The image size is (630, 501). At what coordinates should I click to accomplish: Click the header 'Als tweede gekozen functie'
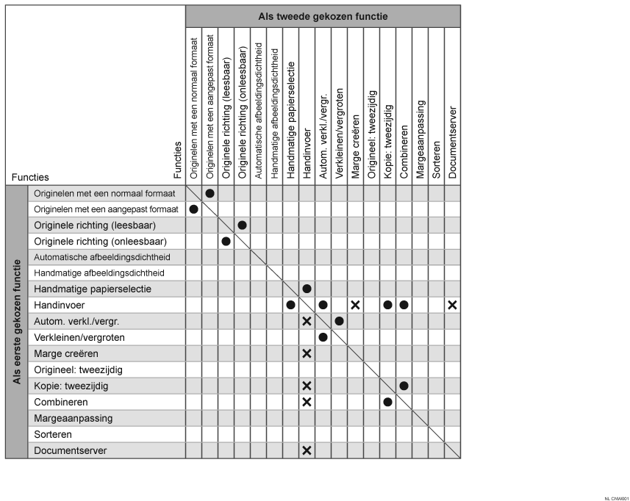point(323,16)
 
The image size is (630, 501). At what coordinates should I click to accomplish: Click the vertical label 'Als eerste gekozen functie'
point(16,322)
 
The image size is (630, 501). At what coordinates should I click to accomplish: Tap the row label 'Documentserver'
point(71,450)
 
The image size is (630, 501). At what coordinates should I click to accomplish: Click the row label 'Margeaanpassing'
point(73,418)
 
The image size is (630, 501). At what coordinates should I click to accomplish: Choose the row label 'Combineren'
point(61,402)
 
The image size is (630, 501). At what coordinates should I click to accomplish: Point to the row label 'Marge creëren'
point(66,353)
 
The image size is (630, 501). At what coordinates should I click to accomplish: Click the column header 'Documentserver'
point(453,139)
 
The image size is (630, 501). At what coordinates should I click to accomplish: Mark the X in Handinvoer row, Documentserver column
point(453,305)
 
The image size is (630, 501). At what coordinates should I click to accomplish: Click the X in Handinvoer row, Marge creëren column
point(356,305)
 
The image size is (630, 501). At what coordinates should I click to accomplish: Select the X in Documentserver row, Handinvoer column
point(307,450)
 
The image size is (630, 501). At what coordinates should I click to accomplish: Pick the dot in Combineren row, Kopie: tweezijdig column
point(388,402)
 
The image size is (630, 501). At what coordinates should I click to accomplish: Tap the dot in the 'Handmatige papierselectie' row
point(307,289)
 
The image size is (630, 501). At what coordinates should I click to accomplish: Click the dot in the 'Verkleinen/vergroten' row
point(323,337)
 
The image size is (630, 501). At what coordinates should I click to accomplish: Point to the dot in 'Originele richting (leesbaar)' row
point(243,225)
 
